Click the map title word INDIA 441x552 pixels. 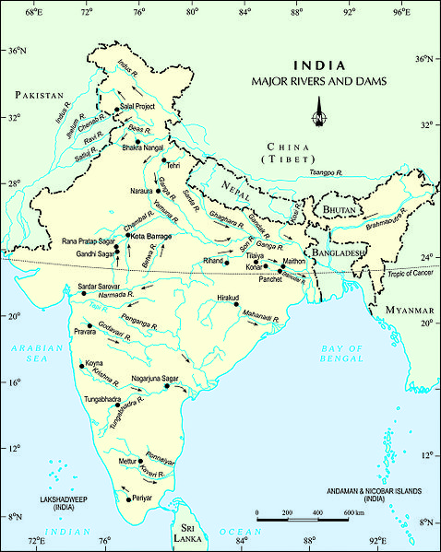click(x=319, y=66)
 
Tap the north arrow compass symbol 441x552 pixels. click(x=318, y=115)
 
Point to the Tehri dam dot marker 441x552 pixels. click(x=163, y=159)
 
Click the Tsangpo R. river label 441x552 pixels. click(x=326, y=172)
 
